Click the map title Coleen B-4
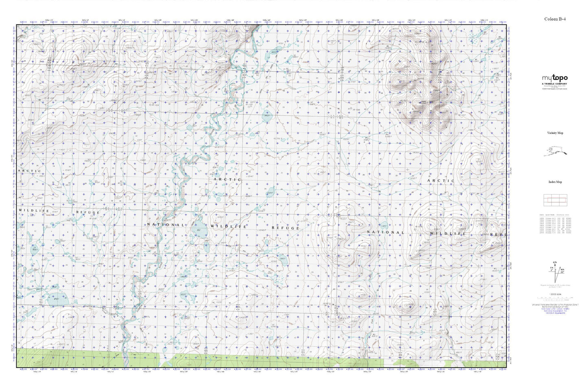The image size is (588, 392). (555, 19)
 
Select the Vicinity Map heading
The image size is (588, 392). (555, 133)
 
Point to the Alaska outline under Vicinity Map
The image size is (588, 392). (555, 152)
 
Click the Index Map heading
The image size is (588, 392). (555, 182)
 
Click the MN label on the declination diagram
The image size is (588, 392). (562, 269)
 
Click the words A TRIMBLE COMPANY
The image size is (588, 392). (555, 84)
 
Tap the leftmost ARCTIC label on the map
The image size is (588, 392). (30, 170)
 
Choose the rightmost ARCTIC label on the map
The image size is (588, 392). (441, 180)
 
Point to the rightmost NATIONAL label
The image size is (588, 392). (386, 232)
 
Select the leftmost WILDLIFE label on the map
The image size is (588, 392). (34, 210)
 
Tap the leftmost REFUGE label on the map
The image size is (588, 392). (87, 212)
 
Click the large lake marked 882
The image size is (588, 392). (199, 230)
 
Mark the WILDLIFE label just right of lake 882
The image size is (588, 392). (228, 226)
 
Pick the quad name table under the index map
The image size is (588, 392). (555, 225)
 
